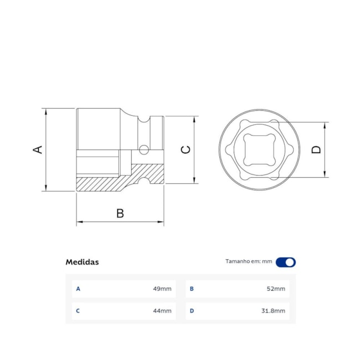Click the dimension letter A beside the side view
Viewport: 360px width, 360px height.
tap(38, 150)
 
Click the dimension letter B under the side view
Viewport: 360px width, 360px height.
tap(120, 213)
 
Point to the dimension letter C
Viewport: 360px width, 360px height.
tap(186, 150)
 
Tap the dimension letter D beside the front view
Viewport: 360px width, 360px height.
tap(316, 150)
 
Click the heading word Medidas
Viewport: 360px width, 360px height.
tap(82, 262)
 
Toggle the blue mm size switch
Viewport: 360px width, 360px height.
tap(286, 262)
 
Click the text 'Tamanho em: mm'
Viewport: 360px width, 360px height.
tap(249, 261)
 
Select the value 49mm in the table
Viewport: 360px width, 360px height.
tap(162, 289)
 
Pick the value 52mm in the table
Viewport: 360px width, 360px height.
tap(276, 289)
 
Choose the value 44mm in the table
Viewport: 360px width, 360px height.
tap(162, 311)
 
